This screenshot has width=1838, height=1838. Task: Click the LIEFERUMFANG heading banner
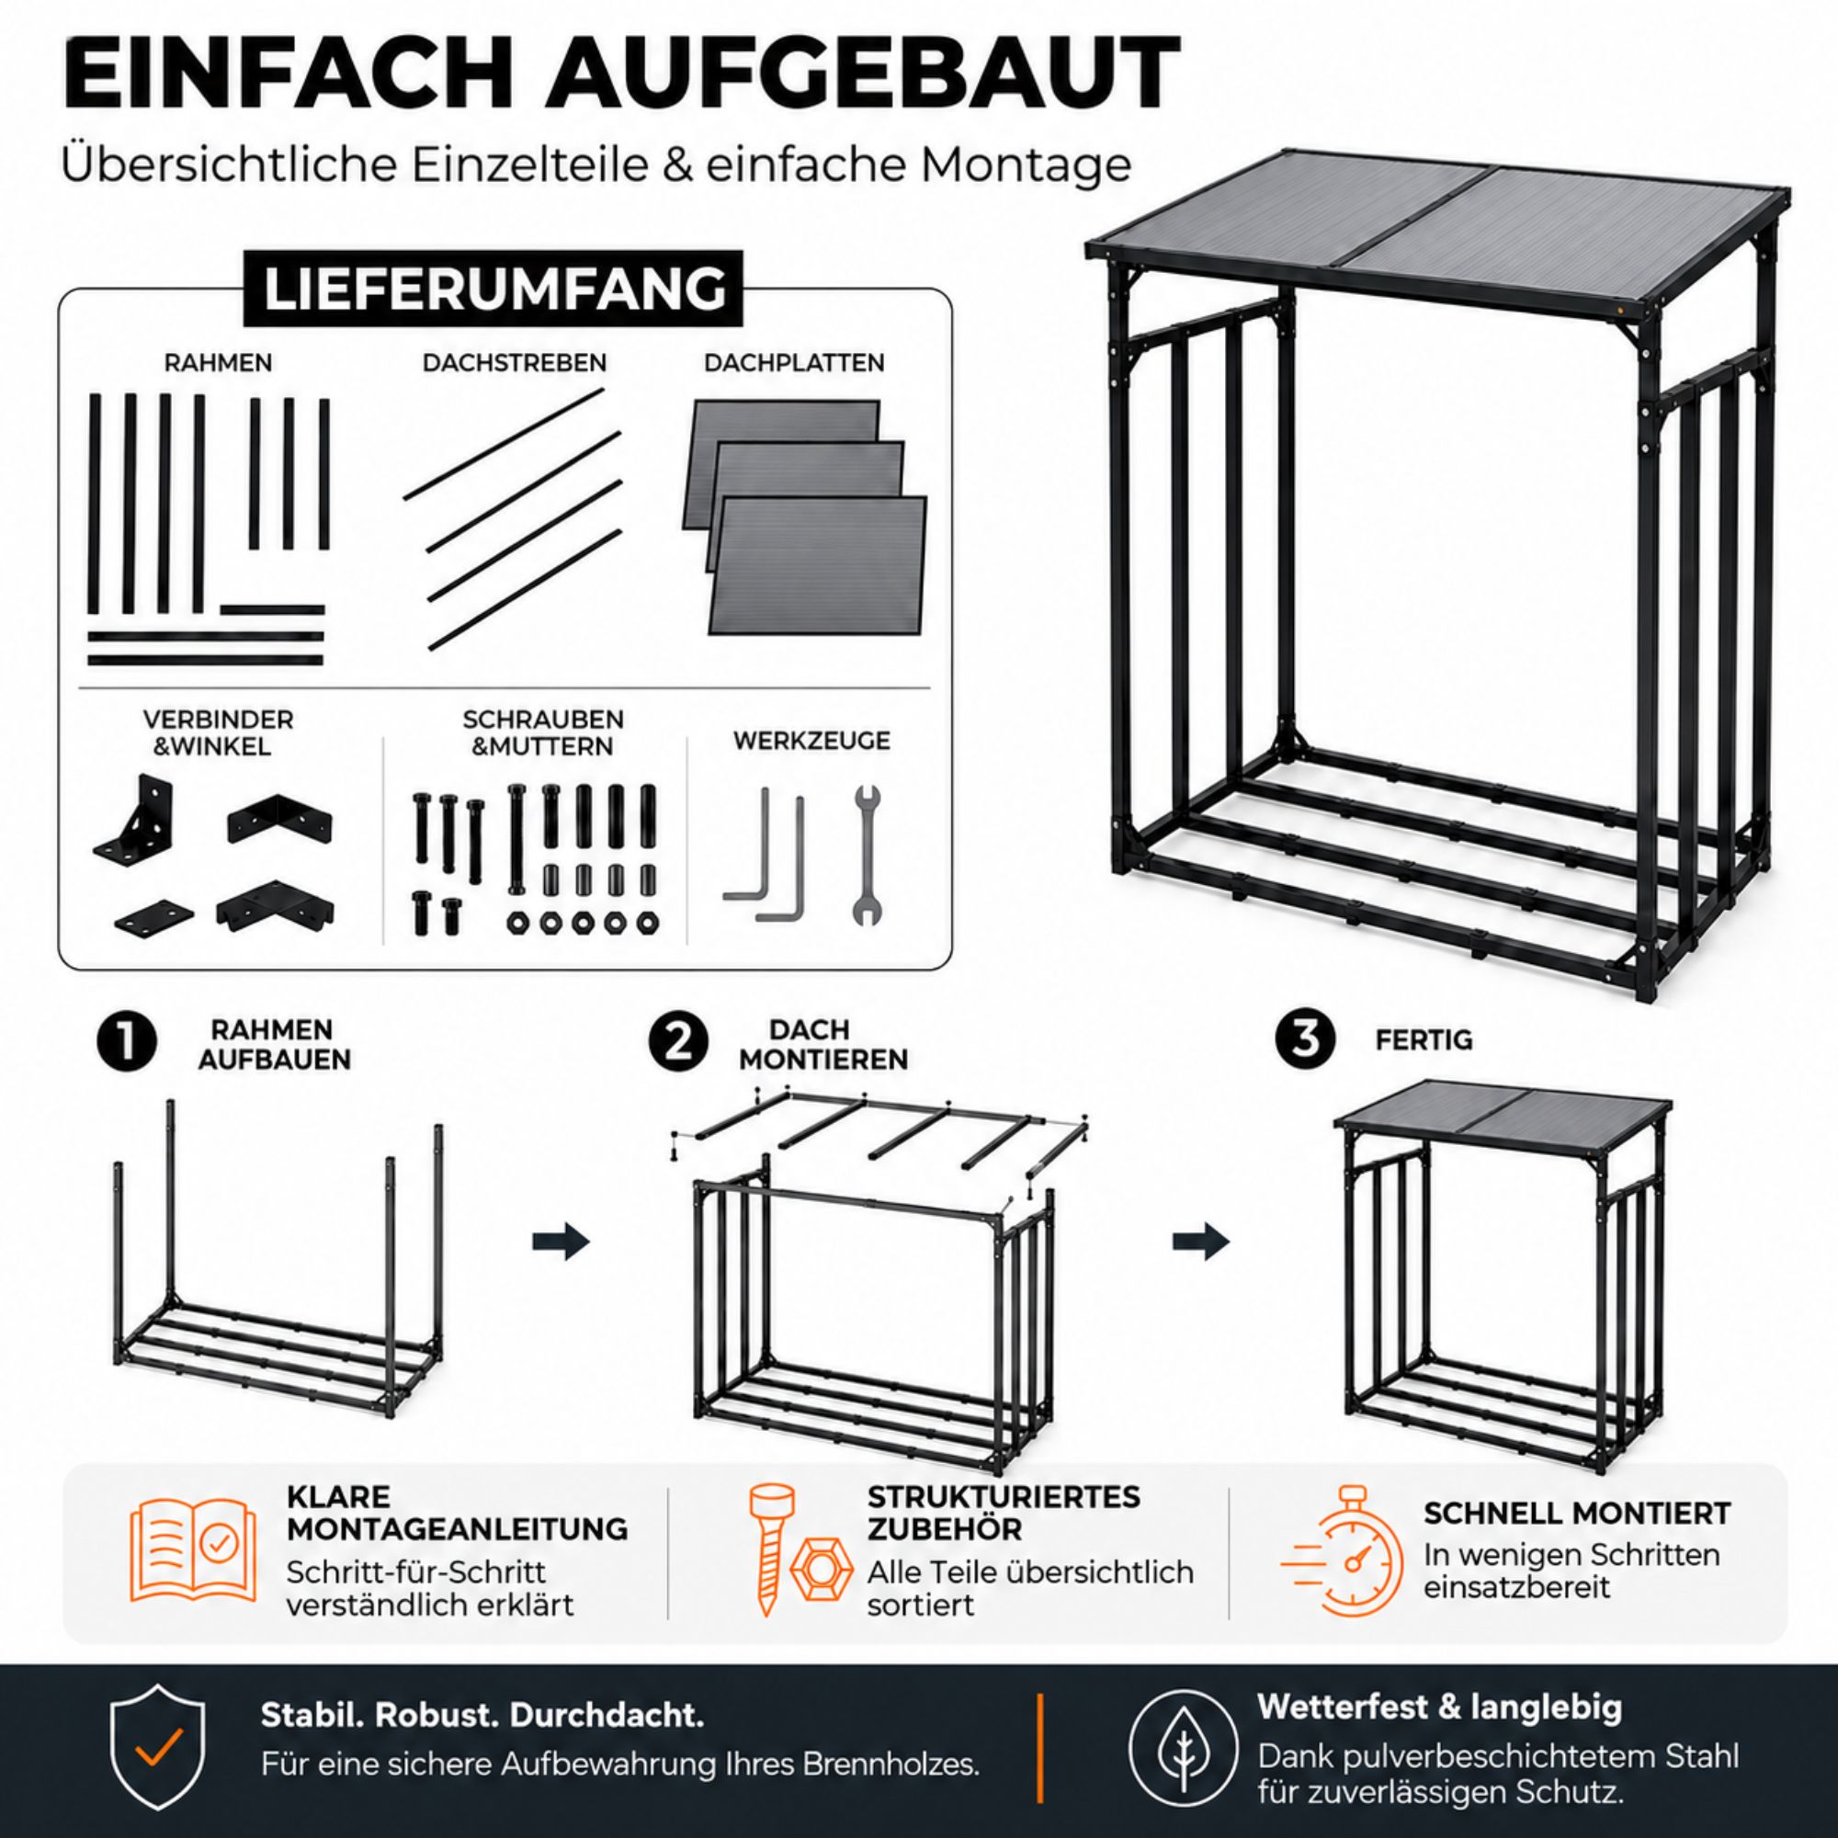[494, 289]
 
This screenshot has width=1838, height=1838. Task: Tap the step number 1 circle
[128, 1043]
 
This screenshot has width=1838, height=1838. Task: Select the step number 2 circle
[678, 1043]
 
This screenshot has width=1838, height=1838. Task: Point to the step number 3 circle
[1306, 1038]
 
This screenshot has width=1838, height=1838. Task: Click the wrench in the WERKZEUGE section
[866, 856]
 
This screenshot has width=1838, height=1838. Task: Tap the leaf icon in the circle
[1184, 1749]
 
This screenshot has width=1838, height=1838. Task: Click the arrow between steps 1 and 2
[561, 1242]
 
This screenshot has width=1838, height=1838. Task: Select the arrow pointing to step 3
[1200, 1242]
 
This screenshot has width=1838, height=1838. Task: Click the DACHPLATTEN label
[794, 362]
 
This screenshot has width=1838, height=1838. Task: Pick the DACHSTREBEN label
[515, 362]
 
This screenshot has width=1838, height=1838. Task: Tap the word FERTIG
[1424, 1039]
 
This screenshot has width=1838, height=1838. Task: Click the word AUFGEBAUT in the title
[864, 74]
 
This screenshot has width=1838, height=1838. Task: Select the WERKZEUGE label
[811, 740]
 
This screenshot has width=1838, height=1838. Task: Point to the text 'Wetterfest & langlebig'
[1439, 1707]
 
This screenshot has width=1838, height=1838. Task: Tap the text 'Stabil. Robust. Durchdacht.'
[482, 1714]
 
